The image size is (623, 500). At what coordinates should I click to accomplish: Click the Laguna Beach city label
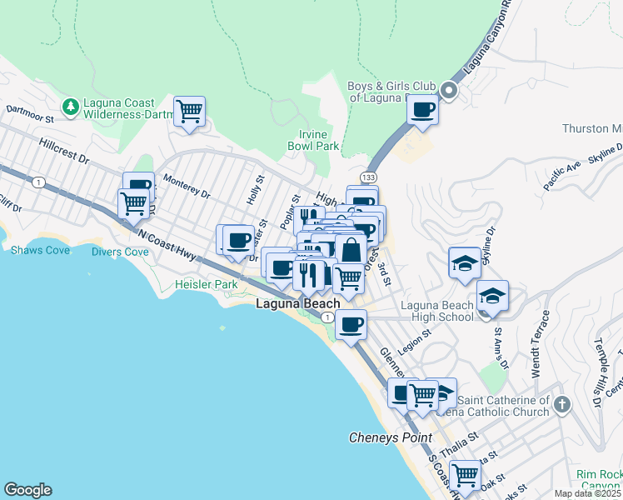[297, 304]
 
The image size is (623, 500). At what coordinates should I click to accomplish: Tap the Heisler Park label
[206, 285]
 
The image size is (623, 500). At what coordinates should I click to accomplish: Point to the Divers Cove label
[119, 252]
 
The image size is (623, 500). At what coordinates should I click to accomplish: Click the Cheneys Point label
[390, 437]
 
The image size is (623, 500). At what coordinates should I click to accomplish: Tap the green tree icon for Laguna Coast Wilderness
[71, 107]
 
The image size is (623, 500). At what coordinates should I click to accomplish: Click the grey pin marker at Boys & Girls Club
[449, 91]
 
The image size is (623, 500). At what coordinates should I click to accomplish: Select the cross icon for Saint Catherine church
[562, 406]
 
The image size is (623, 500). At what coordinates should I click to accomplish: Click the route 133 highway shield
[367, 177]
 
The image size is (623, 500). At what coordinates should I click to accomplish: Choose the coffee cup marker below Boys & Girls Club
[423, 109]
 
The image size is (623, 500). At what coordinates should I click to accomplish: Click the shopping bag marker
[351, 249]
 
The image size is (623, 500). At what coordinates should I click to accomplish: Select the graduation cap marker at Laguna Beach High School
[492, 296]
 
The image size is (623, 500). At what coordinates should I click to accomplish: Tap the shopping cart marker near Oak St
[465, 475]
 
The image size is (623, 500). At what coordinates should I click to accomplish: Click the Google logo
[27, 490]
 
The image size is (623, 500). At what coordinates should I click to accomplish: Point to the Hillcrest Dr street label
[63, 150]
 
